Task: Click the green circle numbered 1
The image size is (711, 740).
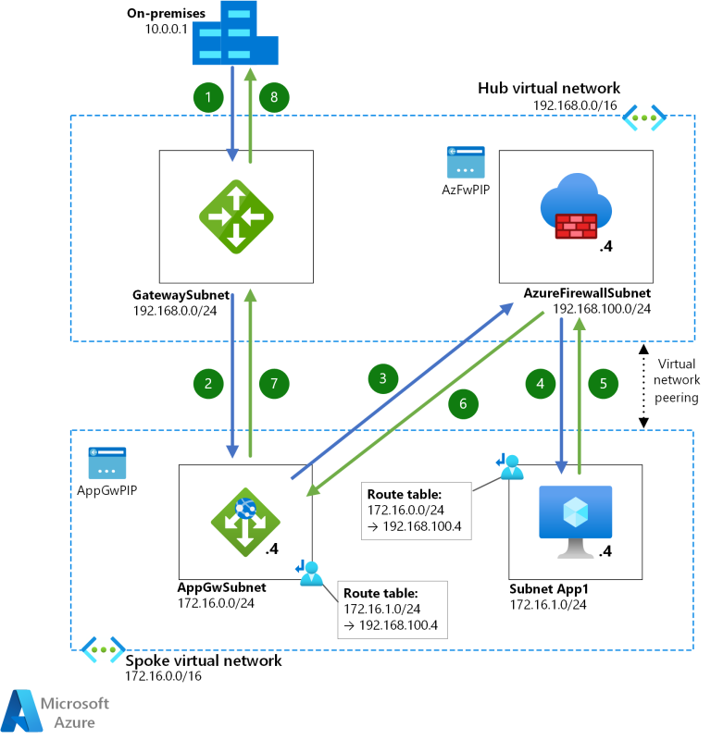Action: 209,96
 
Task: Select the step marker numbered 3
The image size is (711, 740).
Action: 381,377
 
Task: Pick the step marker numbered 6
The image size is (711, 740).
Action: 464,403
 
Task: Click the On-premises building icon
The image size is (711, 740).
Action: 236,35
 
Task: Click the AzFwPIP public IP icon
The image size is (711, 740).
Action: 463,163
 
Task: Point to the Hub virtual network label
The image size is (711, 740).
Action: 548,88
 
